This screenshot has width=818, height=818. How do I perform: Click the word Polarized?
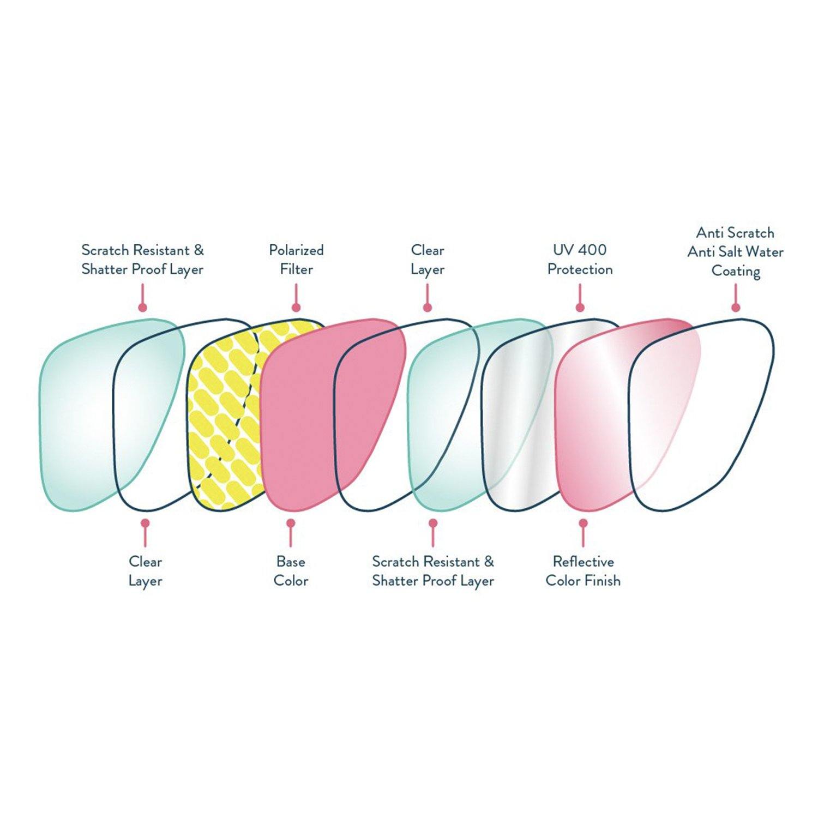pyautogui.click(x=296, y=250)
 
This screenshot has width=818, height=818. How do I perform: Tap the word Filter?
pyautogui.click(x=296, y=269)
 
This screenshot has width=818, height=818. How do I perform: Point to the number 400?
pyautogui.click(x=593, y=250)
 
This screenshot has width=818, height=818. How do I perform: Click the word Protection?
pyautogui.click(x=580, y=269)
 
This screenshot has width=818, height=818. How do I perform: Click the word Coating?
pyautogui.click(x=736, y=271)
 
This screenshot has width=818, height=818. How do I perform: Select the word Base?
pyautogui.click(x=291, y=562)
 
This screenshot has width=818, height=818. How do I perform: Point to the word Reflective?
pyautogui.click(x=583, y=562)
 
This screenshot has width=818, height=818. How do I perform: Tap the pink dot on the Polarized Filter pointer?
pyautogui.click(x=296, y=308)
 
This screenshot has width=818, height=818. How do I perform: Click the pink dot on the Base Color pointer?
pyautogui.click(x=291, y=524)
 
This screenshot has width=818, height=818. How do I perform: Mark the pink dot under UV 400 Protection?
pyautogui.click(x=580, y=308)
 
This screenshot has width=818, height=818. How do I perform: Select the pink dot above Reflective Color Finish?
pyautogui.click(x=583, y=524)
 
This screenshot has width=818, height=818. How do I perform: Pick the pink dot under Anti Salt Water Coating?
pyautogui.click(x=736, y=308)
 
